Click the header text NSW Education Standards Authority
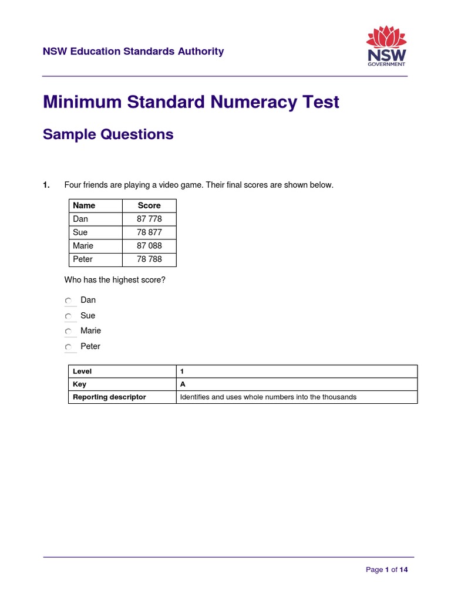pyautogui.click(x=133, y=52)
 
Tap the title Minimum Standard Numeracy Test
pyautogui.click(x=191, y=102)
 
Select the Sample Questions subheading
pyautogui.click(x=108, y=134)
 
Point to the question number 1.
pyautogui.click(x=46, y=185)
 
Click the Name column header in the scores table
pyautogui.click(x=84, y=205)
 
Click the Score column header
pyautogui.click(x=149, y=205)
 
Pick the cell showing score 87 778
pyautogui.click(x=149, y=219)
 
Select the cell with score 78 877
pyautogui.click(x=149, y=232)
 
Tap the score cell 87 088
pyautogui.click(x=149, y=246)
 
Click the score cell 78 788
pyautogui.click(x=149, y=259)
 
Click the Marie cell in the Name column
pyautogui.click(x=83, y=246)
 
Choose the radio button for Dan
pyautogui.click(x=68, y=301)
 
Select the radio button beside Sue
pyautogui.click(x=68, y=316)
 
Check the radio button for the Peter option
pyautogui.click(x=68, y=347)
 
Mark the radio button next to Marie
pyautogui.click(x=68, y=332)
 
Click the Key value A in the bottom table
pyautogui.click(x=183, y=384)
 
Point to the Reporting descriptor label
pyautogui.click(x=109, y=397)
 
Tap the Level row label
pyautogui.click(x=82, y=372)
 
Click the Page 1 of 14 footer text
pyautogui.click(x=386, y=570)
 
